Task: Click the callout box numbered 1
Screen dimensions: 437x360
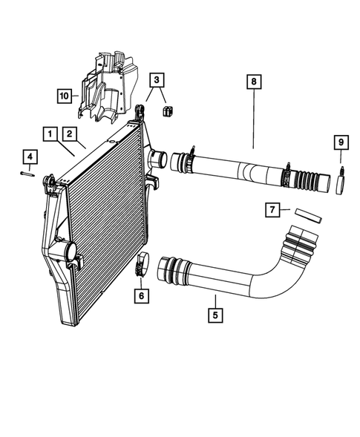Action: [50, 134]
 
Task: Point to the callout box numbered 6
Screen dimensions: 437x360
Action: [143, 296]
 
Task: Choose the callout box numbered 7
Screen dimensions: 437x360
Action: [273, 211]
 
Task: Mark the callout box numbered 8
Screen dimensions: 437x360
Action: [254, 82]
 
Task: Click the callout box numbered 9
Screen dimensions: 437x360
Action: [341, 142]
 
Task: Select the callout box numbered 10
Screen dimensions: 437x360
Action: [65, 96]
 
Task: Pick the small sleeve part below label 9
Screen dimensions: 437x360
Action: [341, 182]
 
